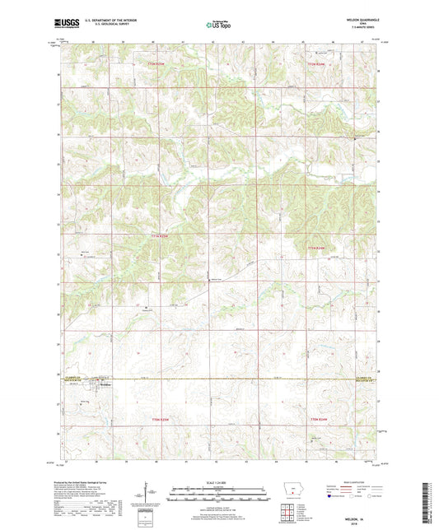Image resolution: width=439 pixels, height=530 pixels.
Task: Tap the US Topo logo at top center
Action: [x=218, y=25]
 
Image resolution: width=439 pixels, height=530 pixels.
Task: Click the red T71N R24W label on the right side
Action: [x=318, y=247]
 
